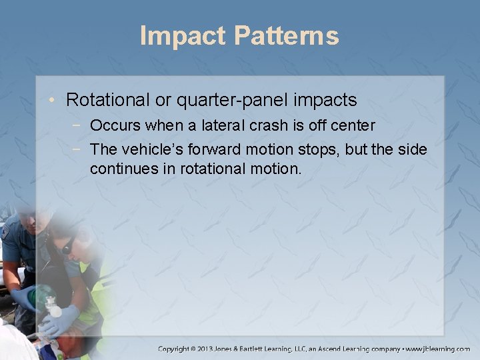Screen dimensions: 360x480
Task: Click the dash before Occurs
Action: pos(79,125)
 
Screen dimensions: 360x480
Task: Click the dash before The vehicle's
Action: pos(79,149)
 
